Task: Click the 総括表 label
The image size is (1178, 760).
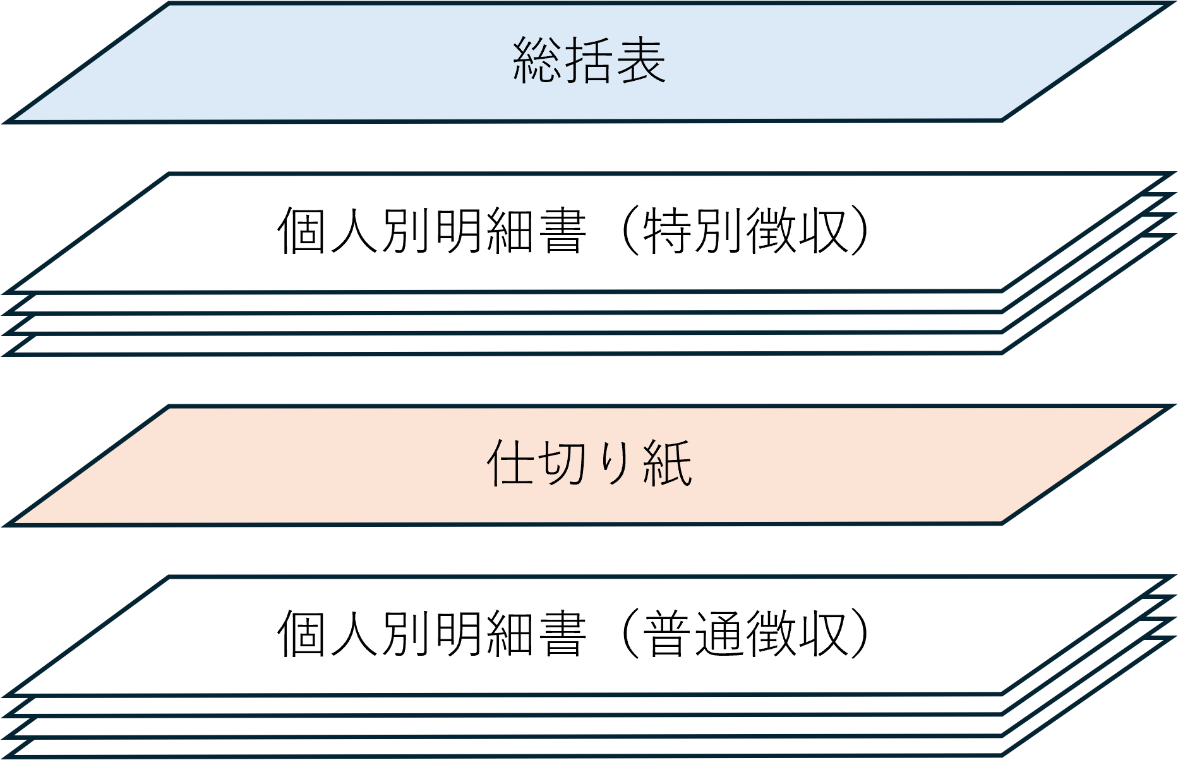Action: tap(589, 61)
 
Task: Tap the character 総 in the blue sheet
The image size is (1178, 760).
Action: tap(537, 61)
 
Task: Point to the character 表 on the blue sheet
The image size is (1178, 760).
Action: tap(640, 61)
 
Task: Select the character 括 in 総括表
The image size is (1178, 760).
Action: tap(589, 61)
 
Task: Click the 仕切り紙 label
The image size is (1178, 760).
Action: tap(589, 464)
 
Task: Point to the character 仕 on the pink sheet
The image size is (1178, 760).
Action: tap(512, 464)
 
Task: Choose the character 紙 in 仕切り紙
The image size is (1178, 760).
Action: tap(667, 464)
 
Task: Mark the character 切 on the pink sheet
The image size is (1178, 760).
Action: tap(563, 464)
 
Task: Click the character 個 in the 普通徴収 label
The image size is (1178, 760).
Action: tap(303, 634)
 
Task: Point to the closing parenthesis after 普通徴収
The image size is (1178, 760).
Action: tap(861, 634)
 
